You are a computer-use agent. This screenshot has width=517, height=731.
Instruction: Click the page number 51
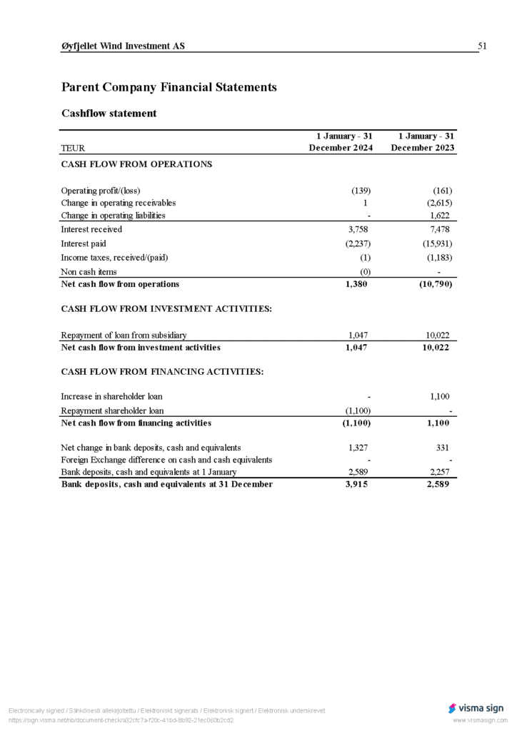click(482, 46)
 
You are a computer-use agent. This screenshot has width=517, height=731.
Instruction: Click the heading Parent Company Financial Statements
click(169, 88)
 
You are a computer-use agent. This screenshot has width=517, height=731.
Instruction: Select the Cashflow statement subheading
click(109, 114)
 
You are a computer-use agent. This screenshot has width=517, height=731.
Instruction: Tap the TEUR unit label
click(73, 148)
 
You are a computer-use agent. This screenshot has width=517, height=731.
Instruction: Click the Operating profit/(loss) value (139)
click(361, 191)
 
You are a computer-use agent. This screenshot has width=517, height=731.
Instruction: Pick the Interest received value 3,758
click(358, 230)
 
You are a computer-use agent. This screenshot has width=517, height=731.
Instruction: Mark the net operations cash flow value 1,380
click(357, 284)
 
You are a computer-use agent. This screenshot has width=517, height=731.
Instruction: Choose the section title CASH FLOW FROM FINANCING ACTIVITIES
click(163, 372)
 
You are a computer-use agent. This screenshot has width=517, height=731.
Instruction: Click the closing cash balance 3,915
click(357, 485)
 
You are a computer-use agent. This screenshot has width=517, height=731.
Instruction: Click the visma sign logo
click(476, 708)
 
